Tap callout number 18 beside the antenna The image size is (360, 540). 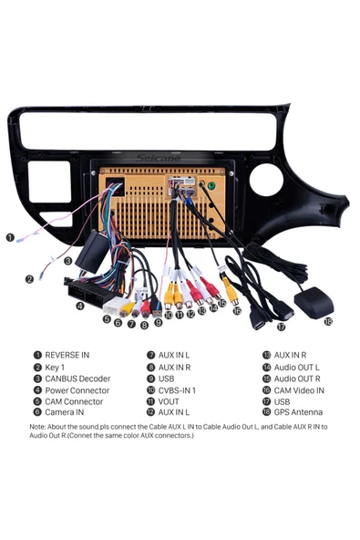[327, 321]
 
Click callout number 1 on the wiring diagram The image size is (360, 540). [10, 237]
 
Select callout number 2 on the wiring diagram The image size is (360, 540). [29, 279]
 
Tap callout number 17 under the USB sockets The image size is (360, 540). [281, 326]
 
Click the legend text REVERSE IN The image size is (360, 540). [67, 355]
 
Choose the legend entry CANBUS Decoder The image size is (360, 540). [77, 379]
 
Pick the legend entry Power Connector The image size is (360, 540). [77, 390]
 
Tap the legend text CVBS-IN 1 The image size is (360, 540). [177, 390]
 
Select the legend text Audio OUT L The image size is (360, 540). [296, 367]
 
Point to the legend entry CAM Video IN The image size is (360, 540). [299, 390]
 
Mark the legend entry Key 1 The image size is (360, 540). [56, 367]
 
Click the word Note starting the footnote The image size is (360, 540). [39, 426]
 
